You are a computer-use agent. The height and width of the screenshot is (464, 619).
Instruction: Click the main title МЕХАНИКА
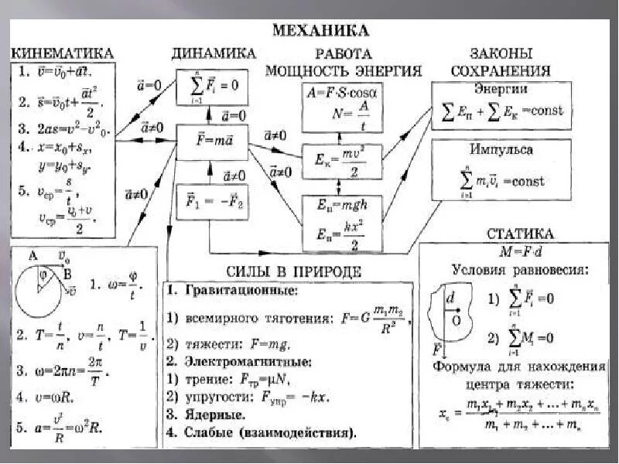pyautogui.click(x=320, y=31)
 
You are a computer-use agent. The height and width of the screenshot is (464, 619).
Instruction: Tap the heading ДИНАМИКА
pyautogui.click(x=213, y=53)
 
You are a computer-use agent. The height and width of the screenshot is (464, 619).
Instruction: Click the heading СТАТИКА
pyautogui.click(x=520, y=233)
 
